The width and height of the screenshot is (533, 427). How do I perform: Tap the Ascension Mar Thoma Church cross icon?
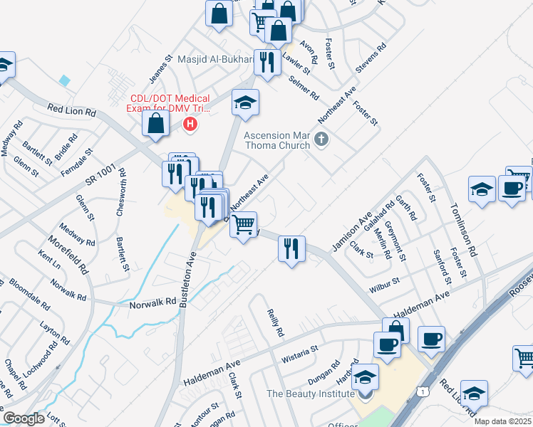coord(321,139)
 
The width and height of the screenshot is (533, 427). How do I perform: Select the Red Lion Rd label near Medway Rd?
coord(71,112)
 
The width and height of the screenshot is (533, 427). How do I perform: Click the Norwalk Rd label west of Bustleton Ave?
coord(152,302)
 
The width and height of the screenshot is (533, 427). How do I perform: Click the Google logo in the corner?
coord(24,418)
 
